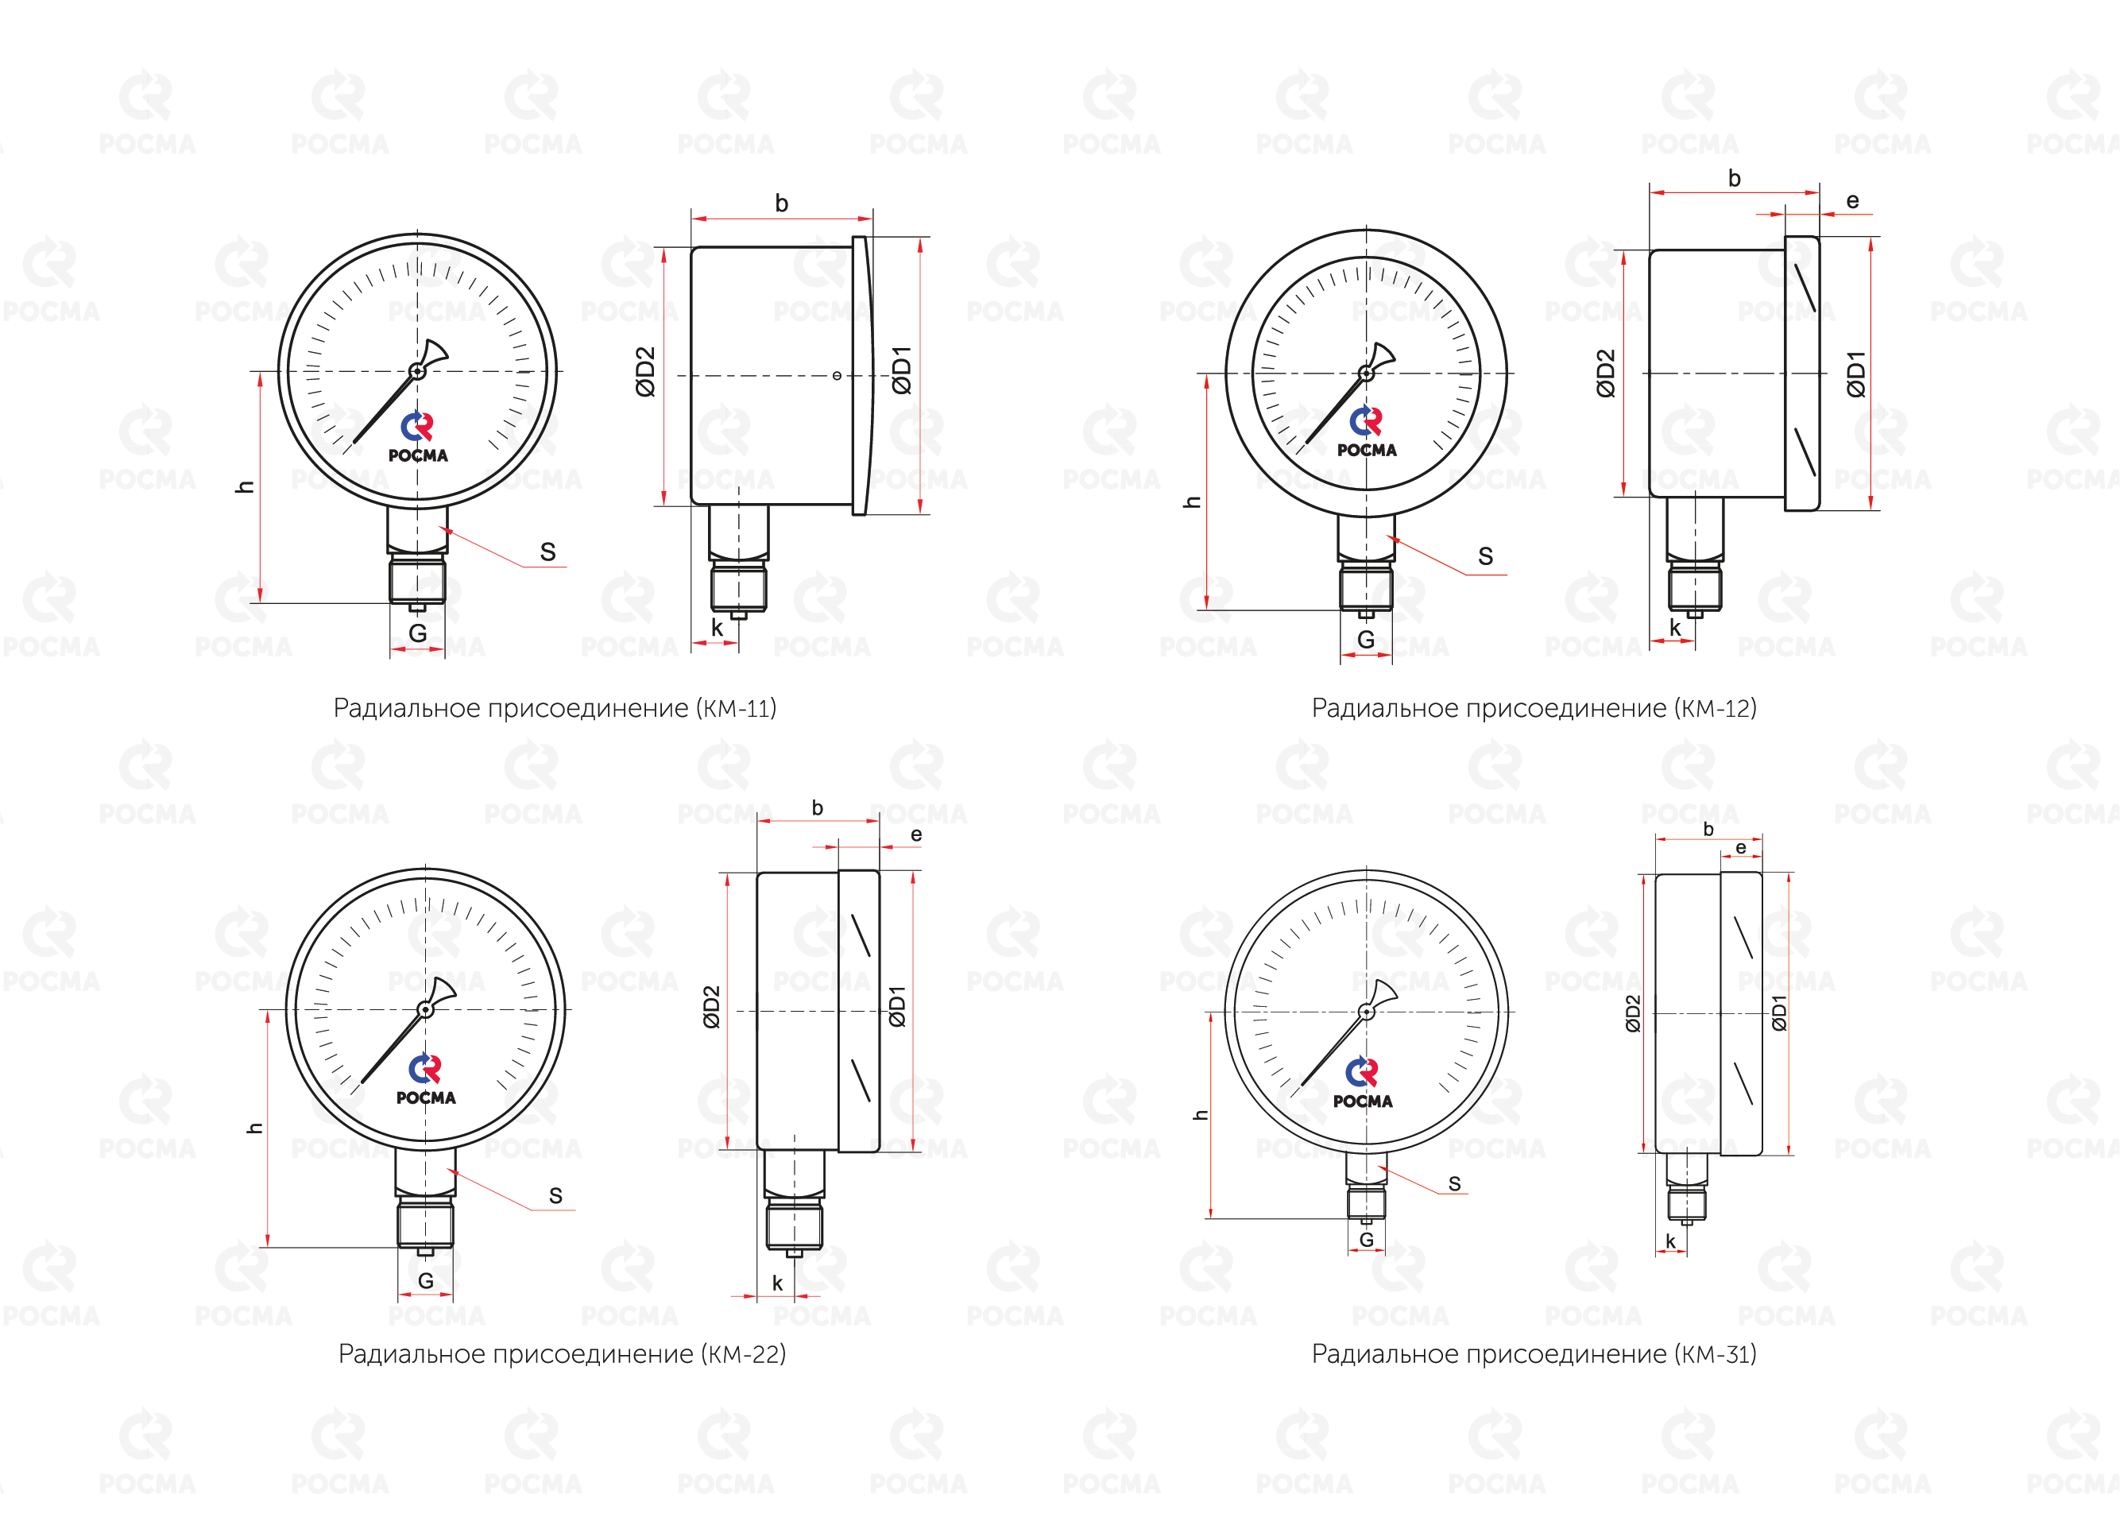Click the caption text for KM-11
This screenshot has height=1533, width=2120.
coord(555,709)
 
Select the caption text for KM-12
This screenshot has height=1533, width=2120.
coord(1534,709)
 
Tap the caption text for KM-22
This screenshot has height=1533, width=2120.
coord(562,1354)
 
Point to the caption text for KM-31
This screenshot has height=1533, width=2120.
coord(1534,1354)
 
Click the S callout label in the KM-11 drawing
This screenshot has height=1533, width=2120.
coord(547,552)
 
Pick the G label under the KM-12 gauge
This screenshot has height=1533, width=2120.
coord(1366,641)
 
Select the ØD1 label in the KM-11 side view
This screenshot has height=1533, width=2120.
coord(901,370)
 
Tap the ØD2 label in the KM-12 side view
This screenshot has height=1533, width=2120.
coord(1606,374)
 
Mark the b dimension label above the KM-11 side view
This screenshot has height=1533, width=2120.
coord(781,203)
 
